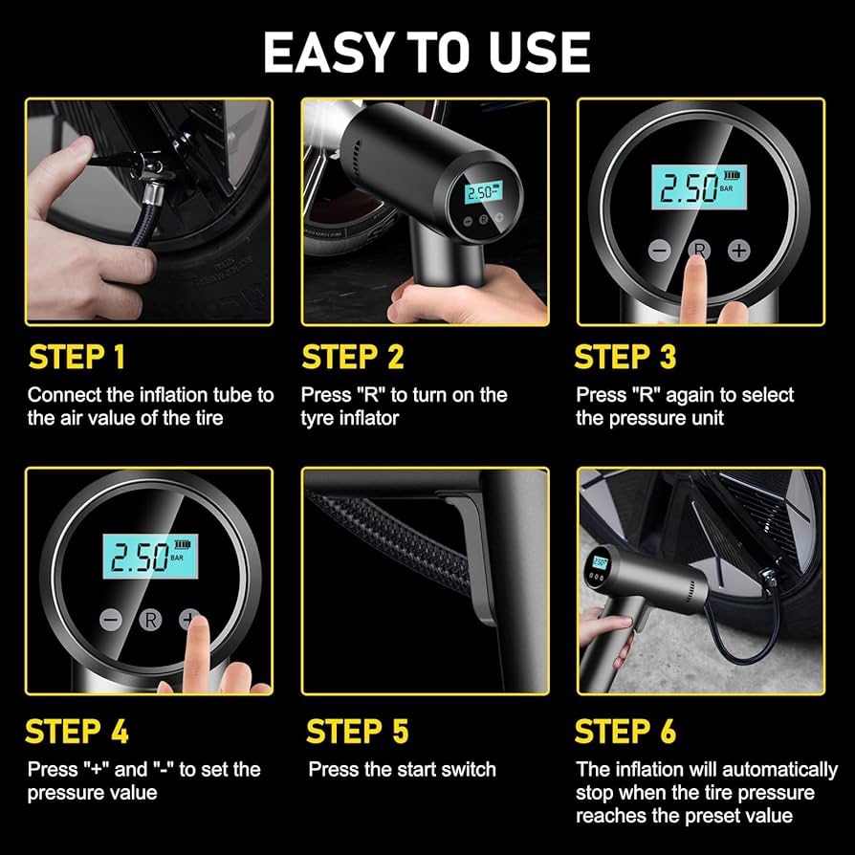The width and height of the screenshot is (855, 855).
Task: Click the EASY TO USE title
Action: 427,52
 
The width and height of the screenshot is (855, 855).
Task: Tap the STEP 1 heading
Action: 77,357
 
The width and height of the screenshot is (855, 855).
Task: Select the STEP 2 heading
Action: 353,357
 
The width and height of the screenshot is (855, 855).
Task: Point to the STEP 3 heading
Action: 625,357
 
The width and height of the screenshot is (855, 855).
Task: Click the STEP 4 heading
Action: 77,732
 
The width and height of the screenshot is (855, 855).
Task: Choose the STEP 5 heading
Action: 357,732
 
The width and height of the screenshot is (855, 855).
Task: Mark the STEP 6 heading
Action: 625,732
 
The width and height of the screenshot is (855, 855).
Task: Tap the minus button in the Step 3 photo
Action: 659,251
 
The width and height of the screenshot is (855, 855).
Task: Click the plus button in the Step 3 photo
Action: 739,251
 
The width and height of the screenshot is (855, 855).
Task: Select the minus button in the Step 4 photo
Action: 111,620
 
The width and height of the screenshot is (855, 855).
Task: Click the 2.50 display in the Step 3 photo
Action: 699,187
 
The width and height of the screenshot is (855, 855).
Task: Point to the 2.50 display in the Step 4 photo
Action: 150,557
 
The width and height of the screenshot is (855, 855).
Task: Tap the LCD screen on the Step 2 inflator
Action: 483,192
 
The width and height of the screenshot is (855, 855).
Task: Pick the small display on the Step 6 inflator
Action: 600,562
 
